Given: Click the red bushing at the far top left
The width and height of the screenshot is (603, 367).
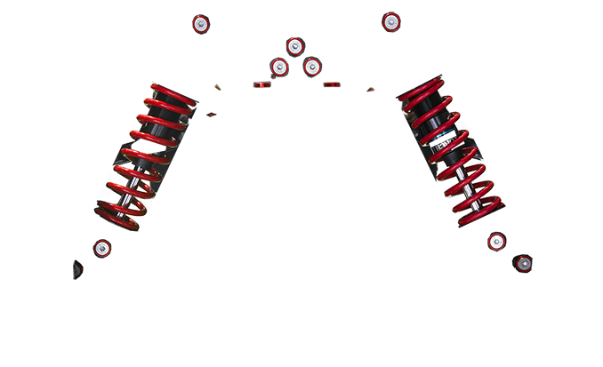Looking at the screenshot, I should (x=202, y=23).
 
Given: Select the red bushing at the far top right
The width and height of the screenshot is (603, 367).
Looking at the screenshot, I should (x=390, y=20).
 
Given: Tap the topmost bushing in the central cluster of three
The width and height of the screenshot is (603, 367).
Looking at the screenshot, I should (x=295, y=45).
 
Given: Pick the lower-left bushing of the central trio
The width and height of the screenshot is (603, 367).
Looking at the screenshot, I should (x=278, y=67).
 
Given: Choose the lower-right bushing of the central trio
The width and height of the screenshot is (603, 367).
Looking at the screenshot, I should (x=312, y=67).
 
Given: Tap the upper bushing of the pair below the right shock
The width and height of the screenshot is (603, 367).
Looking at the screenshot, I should (x=496, y=242).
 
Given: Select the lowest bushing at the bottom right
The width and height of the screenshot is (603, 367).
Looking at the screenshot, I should (x=525, y=262).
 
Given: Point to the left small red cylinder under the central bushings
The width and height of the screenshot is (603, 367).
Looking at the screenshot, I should (x=260, y=86).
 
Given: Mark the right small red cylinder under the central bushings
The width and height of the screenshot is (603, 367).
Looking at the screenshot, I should (x=331, y=86).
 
